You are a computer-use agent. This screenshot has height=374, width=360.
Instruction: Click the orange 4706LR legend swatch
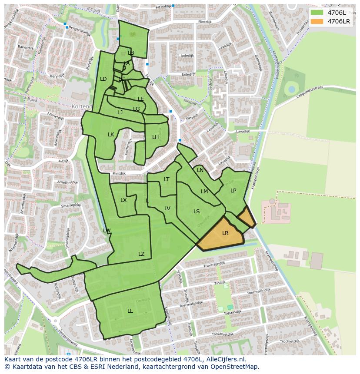pyautogui.click(x=317, y=21)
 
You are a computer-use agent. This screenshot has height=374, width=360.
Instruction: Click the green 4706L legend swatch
pyautogui.click(x=317, y=12)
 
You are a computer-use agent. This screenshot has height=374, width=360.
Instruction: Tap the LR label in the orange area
pyautogui.click(x=225, y=233)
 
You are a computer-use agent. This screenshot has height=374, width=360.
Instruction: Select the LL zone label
pyautogui.click(x=130, y=311)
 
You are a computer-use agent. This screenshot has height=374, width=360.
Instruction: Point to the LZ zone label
pyautogui.click(x=141, y=254)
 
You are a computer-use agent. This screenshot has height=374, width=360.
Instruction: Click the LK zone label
pyautogui.click(x=111, y=135)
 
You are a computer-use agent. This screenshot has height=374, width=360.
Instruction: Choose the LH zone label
pyautogui.click(x=155, y=137)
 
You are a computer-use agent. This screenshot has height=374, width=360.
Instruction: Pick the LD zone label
pyautogui.click(x=103, y=79)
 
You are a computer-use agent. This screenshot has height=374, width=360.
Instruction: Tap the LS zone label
pyautogui.click(x=197, y=212)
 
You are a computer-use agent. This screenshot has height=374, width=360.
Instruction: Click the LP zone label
pyautogui.click(x=233, y=191)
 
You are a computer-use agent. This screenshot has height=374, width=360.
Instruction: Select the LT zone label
pyautogui.click(x=167, y=179)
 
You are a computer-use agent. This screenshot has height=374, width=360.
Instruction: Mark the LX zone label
pyautogui.click(x=123, y=200)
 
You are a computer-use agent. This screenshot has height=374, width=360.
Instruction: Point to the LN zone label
pyautogui.click(x=200, y=170)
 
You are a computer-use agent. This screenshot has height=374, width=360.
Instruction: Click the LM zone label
pyautogui.click(x=204, y=192)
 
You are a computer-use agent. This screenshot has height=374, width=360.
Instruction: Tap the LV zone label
pyautogui.click(x=167, y=209)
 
